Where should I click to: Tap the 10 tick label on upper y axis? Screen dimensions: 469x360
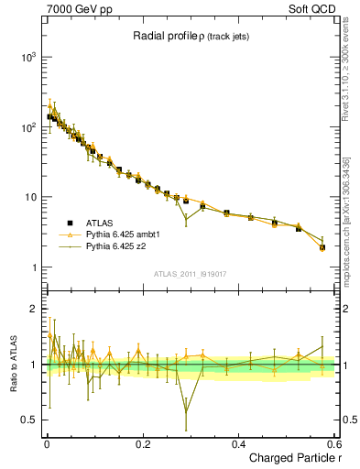pos(27,198)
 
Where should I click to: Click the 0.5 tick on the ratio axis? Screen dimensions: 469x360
pos(27,420)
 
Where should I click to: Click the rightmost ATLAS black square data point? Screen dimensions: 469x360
pos(322,247)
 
